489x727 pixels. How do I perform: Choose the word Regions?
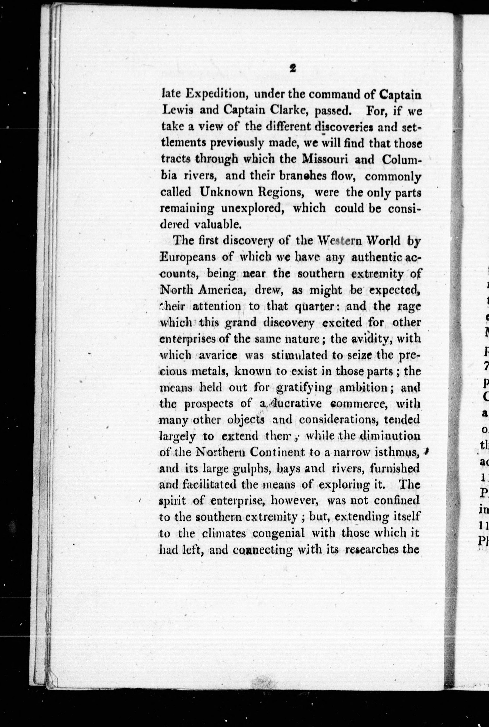tap(282, 192)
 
